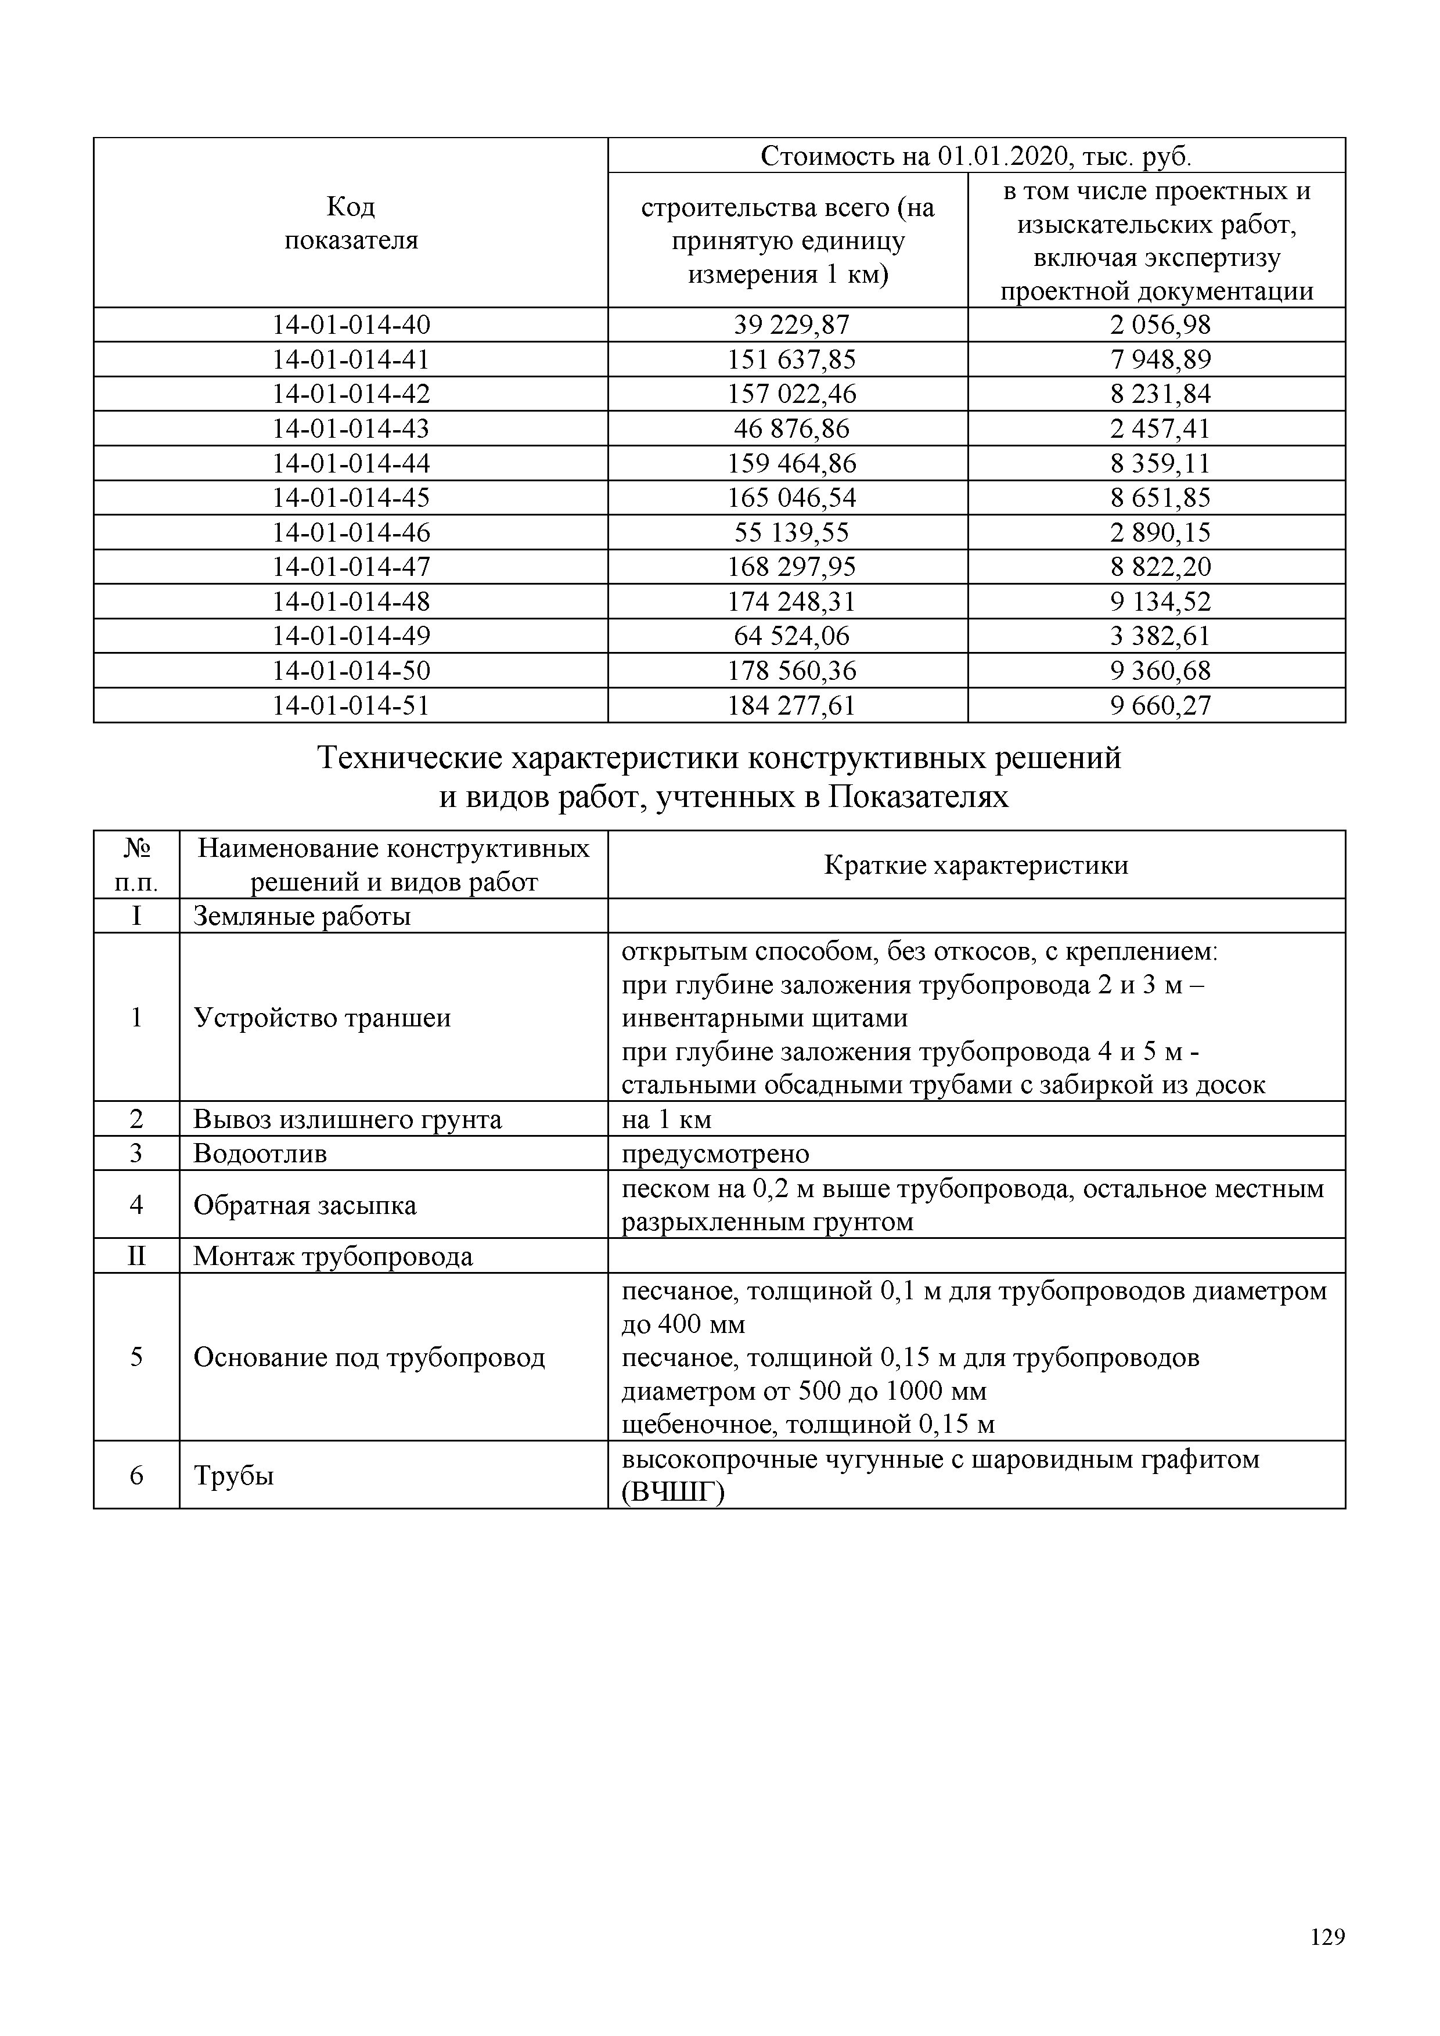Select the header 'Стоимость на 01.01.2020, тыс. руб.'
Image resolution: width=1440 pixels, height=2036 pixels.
pos(976,156)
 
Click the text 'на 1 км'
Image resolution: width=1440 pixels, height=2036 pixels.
pos(666,1119)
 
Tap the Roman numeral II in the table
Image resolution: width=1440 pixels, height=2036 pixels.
pos(136,1256)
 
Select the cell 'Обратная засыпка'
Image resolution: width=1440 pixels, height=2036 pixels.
pos(304,1205)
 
